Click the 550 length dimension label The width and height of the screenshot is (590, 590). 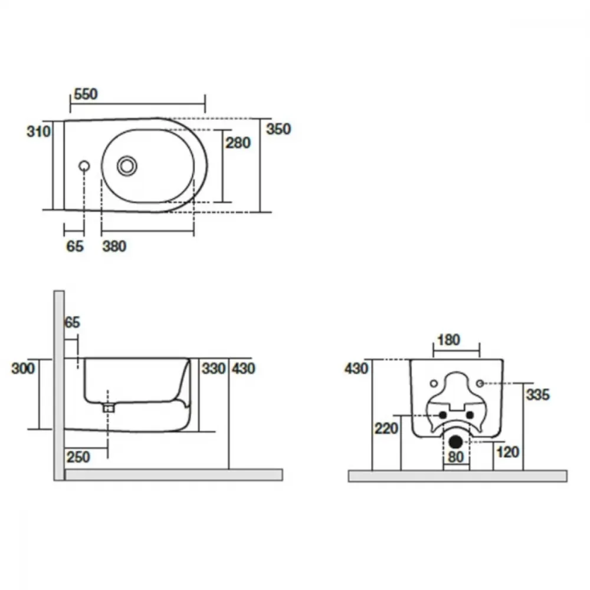tap(86, 94)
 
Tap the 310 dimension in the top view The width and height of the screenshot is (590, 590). tap(38, 132)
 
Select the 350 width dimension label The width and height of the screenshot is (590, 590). tap(278, 129)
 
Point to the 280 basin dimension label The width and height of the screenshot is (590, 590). tap(238, 143)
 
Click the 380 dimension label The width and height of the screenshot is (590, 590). tap(114, 247)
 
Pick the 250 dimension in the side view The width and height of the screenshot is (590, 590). tap(78, 457)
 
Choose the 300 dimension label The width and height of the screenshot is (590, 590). tap(23, 368)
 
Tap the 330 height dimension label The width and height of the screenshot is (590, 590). tap(214, 368)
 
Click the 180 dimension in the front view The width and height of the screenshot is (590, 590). tap(449, 340)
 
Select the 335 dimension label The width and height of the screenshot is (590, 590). tap(537, 395)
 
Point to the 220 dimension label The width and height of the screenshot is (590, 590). tap(386, 428)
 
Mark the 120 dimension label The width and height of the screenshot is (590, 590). tap(507, 452)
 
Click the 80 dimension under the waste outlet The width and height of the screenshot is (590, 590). tap(455, 457)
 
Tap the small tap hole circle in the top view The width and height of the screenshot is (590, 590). tap(84, 166)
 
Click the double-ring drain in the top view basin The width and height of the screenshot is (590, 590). tap(127, 166)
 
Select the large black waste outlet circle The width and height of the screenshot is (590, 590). tap(455, 442)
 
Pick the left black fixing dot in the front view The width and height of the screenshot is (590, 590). tap(442, 415)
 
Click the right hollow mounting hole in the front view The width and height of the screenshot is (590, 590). tap(480, 383)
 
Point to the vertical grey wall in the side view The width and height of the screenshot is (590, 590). tap(59, 385)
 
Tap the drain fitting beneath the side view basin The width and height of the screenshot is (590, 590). tap(109, 408)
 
